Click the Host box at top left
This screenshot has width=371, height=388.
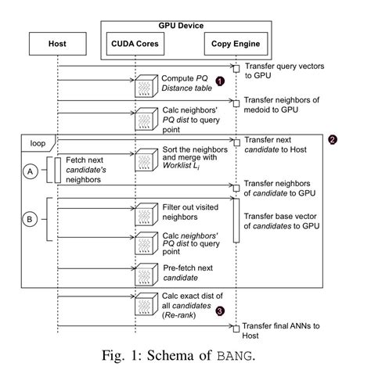pos(58,44)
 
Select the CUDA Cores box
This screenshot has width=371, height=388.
pos(135,44)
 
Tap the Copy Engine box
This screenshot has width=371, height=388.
pos(236,44)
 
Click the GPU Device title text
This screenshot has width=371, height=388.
pos(181,26)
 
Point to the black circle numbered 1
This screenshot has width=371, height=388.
pos(220,81)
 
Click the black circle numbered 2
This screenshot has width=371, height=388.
pos(333,140)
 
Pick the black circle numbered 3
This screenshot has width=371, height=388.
pos(220,311)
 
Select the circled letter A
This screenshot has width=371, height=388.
pos(31,171)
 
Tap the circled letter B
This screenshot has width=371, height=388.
pos(30,219)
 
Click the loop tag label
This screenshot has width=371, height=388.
pos(38,143)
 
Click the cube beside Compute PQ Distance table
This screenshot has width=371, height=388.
pos(146,86)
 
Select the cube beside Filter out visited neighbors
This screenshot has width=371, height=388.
pos(146,214)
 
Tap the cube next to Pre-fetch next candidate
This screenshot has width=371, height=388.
pos(146,275)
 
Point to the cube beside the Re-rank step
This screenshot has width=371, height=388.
pos(146,304)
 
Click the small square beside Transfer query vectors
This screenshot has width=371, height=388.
pos(236,69)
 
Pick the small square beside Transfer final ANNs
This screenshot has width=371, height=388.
pos(236,329)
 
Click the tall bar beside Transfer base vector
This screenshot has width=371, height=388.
pos(236,221)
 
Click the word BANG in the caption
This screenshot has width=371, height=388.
pos(235,356)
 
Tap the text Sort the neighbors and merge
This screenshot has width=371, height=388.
pos(195,153)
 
